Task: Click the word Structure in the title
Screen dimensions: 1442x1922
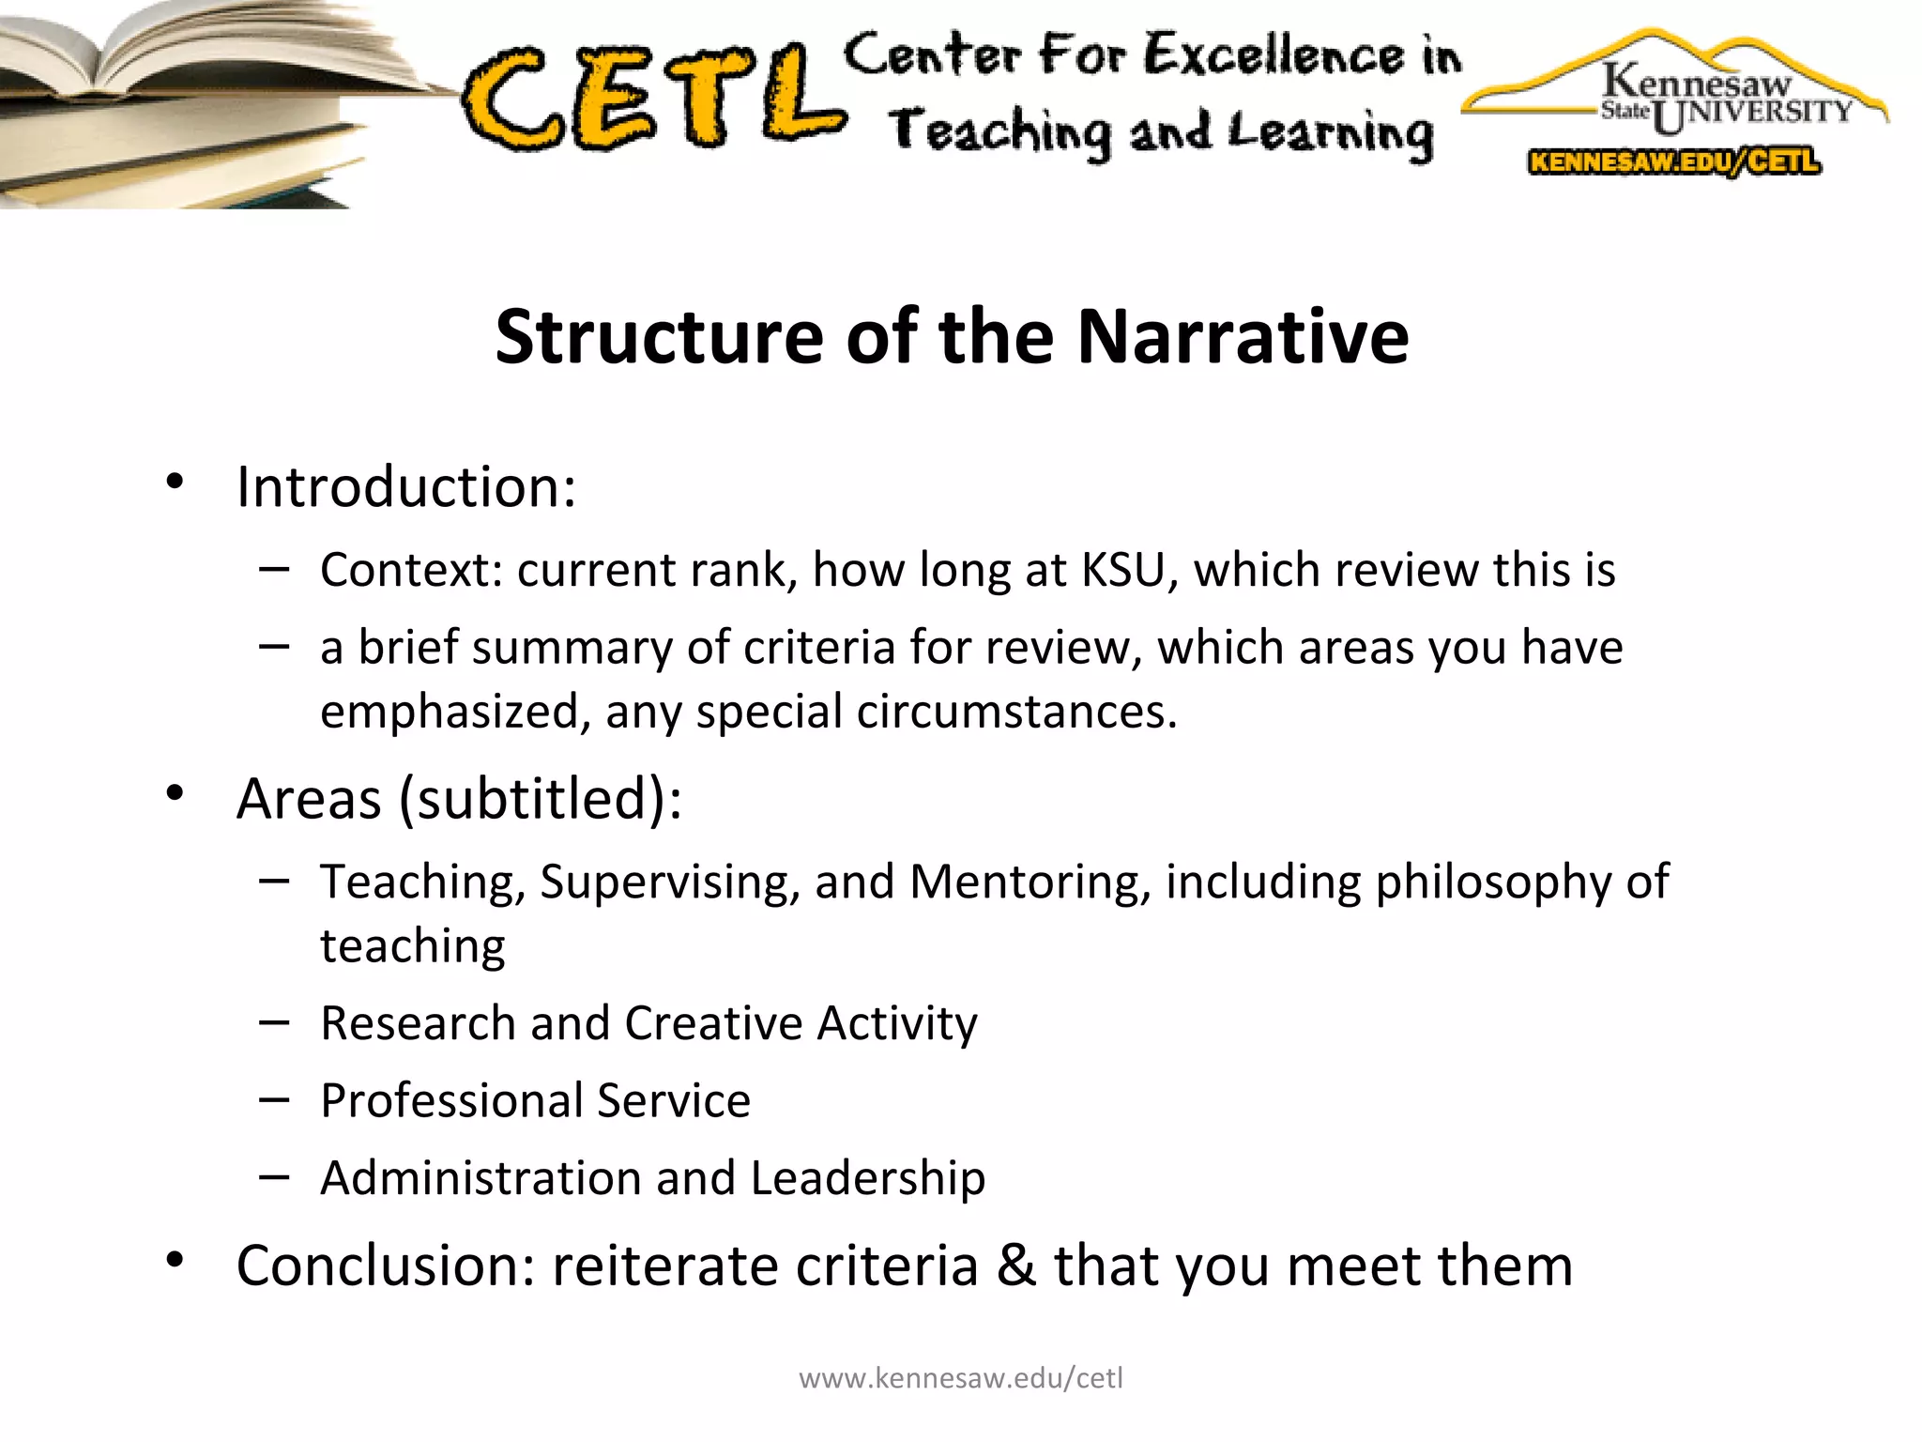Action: [x=659, y=336]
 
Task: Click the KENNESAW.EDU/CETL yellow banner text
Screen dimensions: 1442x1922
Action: [x=1674, y=162]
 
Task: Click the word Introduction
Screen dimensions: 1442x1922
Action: [x=405, y=487]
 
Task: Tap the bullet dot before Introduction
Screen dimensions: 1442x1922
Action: [x=175, y=483]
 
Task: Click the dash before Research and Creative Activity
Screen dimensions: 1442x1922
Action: [x=274, y=1022]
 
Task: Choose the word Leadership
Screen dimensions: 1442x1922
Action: [x=868, y=1178]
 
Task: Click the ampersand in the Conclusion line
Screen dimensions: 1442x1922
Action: [x=1016, y=1265]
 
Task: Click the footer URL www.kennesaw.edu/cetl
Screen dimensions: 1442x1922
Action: [x=960, y=1378]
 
